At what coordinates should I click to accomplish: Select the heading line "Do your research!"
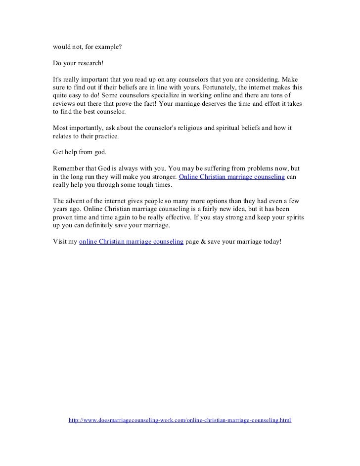tap(78, 64)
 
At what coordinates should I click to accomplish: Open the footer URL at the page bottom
tap(180, 420)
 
